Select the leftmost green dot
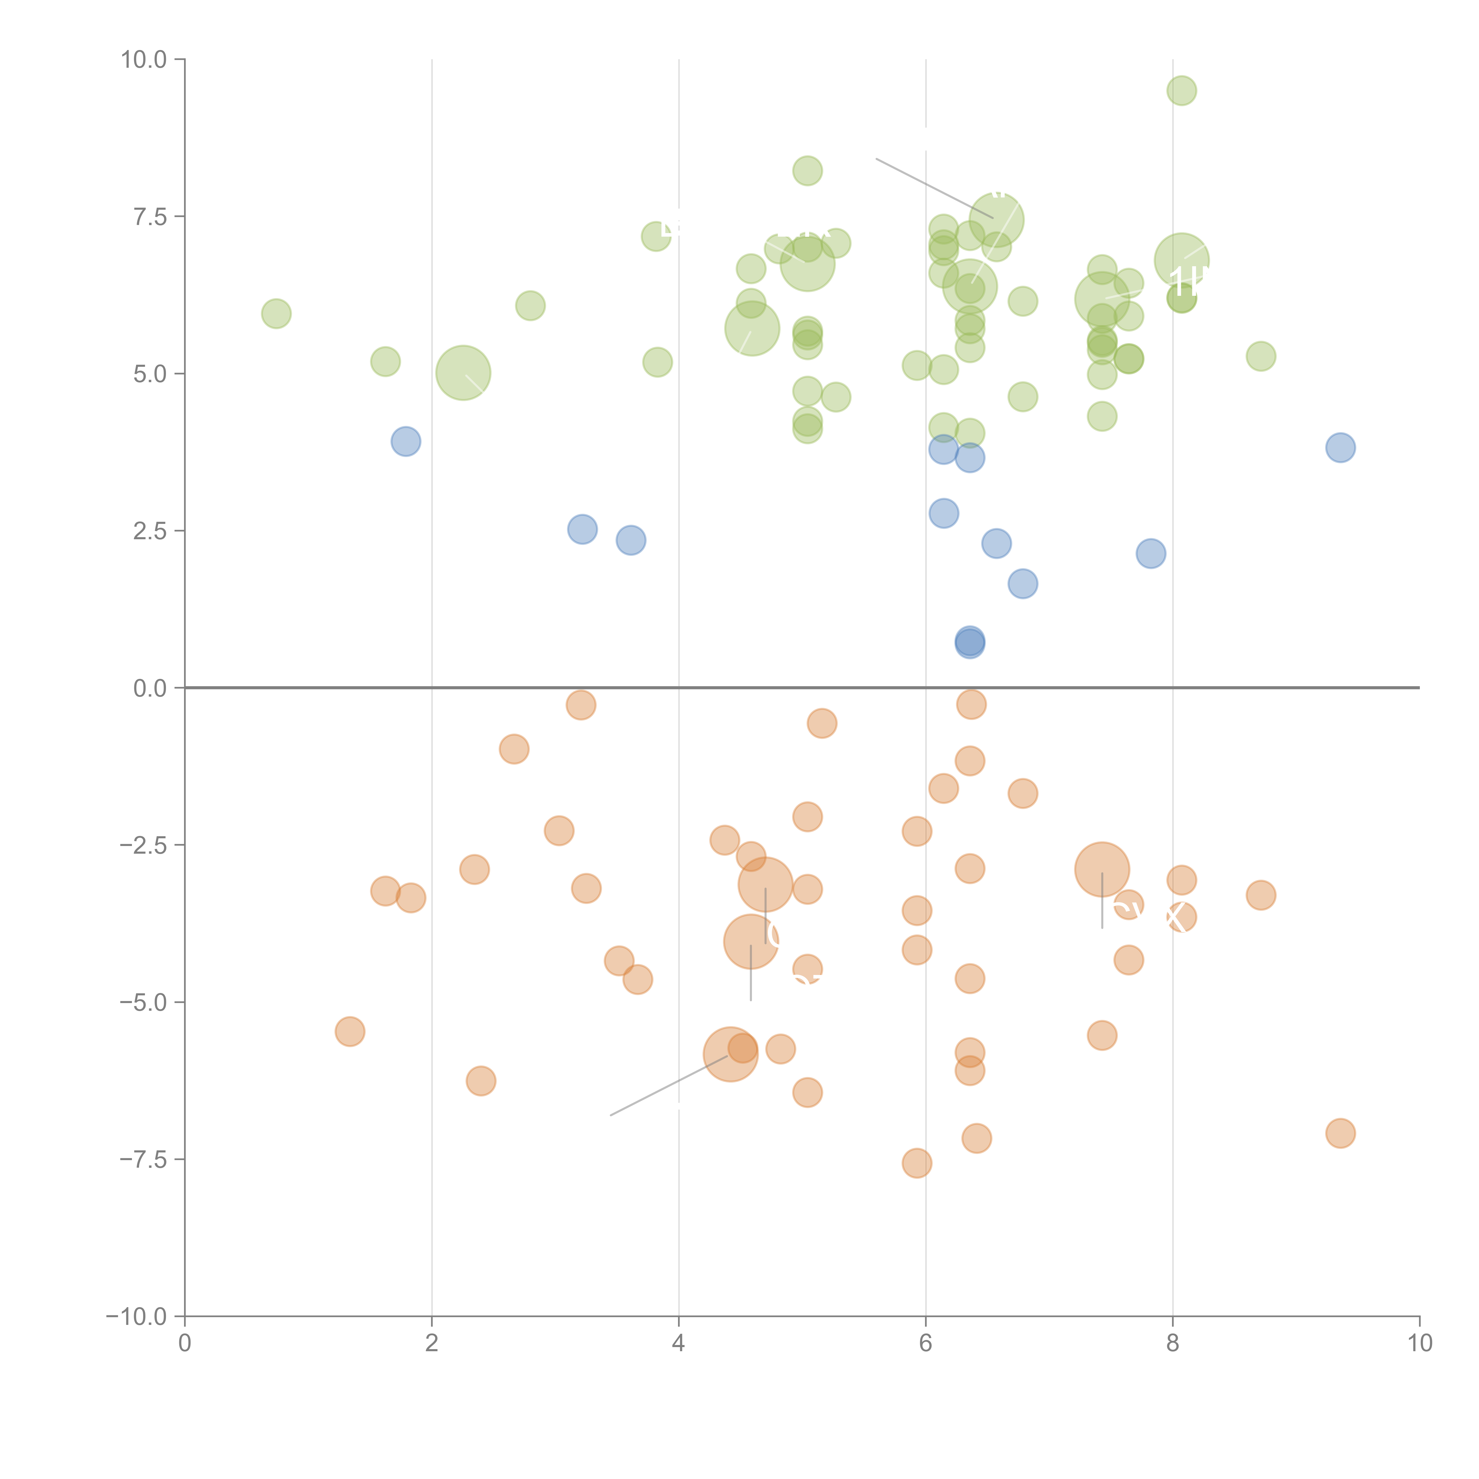276,313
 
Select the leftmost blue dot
406,441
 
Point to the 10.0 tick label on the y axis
144,60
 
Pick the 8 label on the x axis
1173,1344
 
